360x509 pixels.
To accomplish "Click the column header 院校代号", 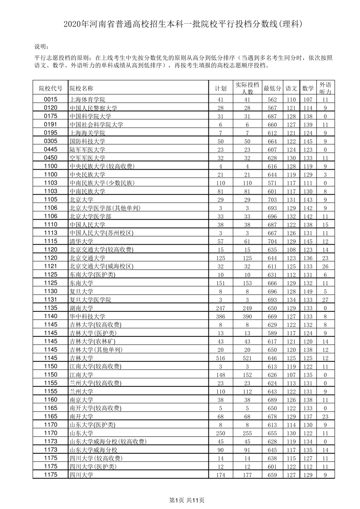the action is click(50, 89).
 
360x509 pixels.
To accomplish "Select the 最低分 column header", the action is click(272, 89).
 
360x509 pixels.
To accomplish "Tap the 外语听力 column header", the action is click(325, 88).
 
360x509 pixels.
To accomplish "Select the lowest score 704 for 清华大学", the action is click(272, 242).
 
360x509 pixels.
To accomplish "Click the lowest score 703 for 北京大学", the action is click(272, 200).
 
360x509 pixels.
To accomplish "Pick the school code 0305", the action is click(50, 141).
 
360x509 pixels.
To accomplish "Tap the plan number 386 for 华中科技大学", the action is click(220, 317).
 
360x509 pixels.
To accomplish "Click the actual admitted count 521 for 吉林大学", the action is click(247, 358).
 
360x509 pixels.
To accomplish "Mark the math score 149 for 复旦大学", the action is click(308, 292).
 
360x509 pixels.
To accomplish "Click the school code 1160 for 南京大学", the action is click(50, 400).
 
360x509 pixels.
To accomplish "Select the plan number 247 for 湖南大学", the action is click(220, 308).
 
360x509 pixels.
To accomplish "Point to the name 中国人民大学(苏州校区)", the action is click(101, 233).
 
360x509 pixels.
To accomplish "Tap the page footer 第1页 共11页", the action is click(186, 500).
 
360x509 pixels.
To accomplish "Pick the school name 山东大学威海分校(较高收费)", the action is click(108, 442).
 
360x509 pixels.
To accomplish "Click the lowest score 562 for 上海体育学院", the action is click(272, 100).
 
